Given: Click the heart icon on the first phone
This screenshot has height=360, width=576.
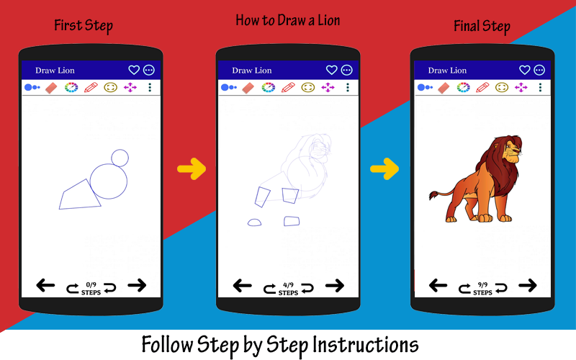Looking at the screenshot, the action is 134,70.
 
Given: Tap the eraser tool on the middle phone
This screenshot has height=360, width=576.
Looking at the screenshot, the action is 248,88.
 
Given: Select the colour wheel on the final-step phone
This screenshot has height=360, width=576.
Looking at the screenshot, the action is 463,87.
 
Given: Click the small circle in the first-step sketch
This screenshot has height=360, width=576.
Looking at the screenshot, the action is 120,150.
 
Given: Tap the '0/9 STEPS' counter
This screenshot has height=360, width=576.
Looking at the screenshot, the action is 91,289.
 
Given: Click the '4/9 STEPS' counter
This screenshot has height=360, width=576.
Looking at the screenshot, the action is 289,289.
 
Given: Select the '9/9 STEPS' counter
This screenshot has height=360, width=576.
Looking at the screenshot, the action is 482,289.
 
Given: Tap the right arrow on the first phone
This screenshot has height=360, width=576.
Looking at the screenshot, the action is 137,285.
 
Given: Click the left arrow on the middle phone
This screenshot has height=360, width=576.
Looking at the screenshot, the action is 243,285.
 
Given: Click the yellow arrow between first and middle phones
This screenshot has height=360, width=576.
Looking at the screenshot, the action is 192,169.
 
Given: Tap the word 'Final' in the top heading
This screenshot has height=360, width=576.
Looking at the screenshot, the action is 467,26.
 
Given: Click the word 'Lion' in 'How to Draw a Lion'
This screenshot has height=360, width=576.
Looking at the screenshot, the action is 329,21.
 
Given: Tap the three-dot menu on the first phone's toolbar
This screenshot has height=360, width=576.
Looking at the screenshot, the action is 150,87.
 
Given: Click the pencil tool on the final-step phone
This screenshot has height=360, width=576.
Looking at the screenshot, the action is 482,87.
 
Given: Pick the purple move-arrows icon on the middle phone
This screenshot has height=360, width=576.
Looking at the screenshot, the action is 328,87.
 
